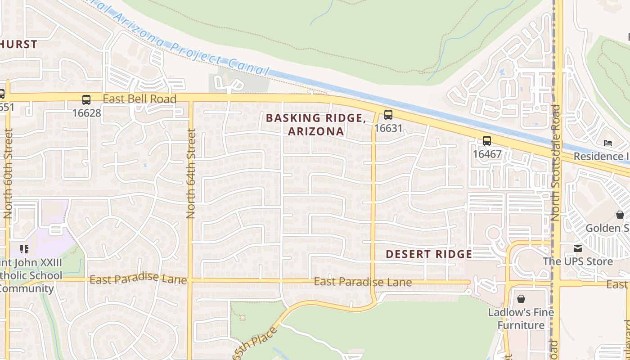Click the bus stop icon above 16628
point(86,100)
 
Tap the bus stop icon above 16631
point(388,115)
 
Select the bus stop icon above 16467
point(486,141)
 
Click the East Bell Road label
point(139,99)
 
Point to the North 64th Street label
point(191,174)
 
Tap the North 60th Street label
point(8,174)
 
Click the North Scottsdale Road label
point(555,163)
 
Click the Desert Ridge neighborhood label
point(429,254)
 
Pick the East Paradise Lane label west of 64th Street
point(138,279)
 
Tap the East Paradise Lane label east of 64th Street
point(363,282)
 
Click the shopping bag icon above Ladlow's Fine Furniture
point(521,299)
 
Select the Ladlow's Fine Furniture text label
point(521,319)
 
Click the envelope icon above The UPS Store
point(578,248)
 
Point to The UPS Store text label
point(578,261)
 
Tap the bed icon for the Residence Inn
point(608,144)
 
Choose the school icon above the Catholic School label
point(24,249)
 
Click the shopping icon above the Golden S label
point(620,215)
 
